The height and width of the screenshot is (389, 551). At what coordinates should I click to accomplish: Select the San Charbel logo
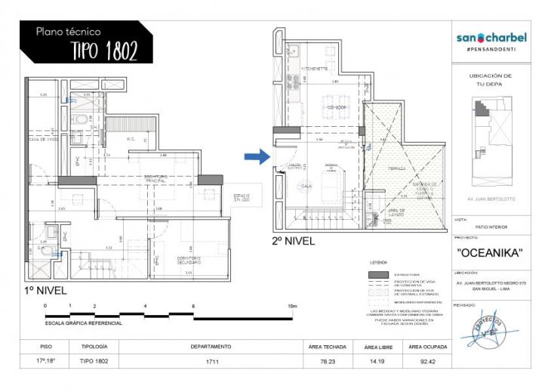point(491,39)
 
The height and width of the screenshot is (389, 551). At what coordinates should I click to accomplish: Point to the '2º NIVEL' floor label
point(294,242)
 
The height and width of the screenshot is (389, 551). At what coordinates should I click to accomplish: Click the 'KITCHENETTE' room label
point(315,69)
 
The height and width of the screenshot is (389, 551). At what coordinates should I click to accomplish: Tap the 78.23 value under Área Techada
point(328,361)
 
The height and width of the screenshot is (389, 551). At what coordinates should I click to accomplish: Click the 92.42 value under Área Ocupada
point(426,361)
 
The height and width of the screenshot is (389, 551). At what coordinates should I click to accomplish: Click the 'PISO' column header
point(46,347)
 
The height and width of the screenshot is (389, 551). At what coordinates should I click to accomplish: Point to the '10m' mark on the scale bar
point(291,306)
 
